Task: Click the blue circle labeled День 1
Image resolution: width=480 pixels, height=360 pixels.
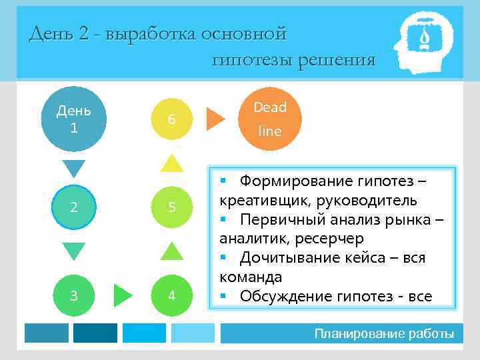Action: pyautogui.click(x=73, y=118)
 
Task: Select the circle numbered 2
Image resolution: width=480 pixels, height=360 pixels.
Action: pyautogui.click(x=73, y=207)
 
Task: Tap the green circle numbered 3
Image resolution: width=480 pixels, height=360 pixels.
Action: pyautogui.click(x=73, y=295)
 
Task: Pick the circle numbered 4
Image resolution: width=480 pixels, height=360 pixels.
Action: pyautogui.click(x=171, y=295)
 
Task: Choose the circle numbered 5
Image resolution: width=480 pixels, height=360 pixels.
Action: pyautogui.click(x=171, y=207)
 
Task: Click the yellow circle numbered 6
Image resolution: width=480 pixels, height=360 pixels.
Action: pyautogui.click(x=171, y=119)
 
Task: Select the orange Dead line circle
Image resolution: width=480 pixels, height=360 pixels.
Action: pyautogui.click(x=270, y=119)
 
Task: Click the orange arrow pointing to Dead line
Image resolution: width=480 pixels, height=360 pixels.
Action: pyautogui.click(x=215, y=118)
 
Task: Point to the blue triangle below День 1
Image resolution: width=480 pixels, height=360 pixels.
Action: pyautogui.click(x=73, y=168)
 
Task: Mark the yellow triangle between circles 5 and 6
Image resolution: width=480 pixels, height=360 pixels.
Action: pyautogui.click(x=171, y=163)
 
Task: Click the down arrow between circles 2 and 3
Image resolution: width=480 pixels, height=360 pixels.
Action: pyautogui.click(x=73, y=251)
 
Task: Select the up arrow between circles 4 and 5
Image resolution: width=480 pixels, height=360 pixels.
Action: pyautogui.click(x=171, y=251)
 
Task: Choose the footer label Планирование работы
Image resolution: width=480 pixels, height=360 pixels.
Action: pyautogui.click(x=384, y=333)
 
